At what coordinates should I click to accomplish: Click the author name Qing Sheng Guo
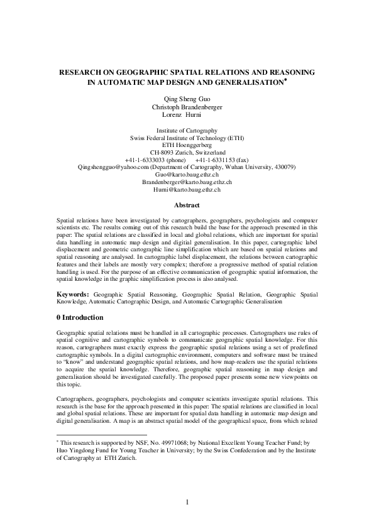pos(187,98)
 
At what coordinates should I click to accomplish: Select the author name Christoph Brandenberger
pos(187,107)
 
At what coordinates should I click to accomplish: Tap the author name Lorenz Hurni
pos(187,115)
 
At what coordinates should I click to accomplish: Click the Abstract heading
pos(187,205)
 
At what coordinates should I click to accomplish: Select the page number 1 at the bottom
pos(187,501)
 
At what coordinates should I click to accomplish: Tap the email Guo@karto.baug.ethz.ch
pos(187,174)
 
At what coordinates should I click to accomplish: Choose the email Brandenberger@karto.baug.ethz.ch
pos(187,182)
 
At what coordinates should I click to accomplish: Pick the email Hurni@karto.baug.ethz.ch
pos(187,189)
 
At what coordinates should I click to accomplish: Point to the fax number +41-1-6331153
pos(219,160)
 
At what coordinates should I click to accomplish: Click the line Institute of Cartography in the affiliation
pos(187,129)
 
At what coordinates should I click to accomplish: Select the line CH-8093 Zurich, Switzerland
pos(187,152)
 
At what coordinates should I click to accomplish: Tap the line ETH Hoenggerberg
pos(187,145)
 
